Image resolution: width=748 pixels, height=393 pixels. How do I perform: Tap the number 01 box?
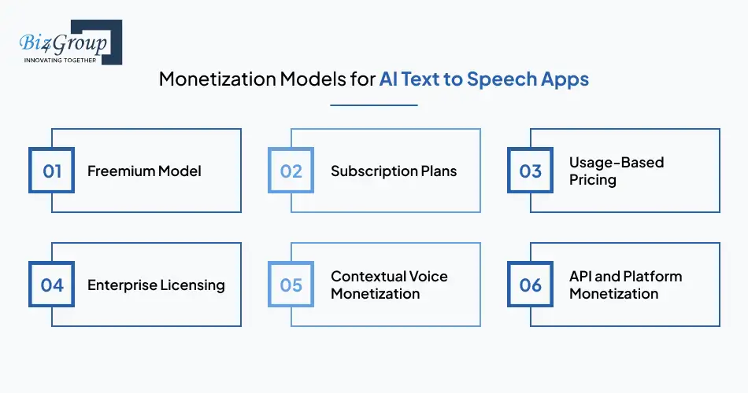(52, 171)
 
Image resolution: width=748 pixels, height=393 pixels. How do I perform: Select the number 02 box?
(291, 171)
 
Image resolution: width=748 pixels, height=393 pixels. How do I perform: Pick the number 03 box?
(531, 171)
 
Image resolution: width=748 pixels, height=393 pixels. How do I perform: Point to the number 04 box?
(52, 284)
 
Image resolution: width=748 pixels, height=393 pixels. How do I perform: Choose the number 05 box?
(291, 284)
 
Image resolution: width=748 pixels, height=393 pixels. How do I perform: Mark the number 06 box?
(531, 284)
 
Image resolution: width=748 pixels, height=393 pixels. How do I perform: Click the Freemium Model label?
(144, 171)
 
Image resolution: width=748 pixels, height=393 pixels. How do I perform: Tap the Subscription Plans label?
(393, 171)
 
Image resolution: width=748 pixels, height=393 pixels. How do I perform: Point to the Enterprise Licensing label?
(156, 285)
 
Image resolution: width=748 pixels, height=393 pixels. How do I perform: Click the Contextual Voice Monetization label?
(389, 285)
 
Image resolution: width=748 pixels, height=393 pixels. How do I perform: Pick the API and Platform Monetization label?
(625, 285)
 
